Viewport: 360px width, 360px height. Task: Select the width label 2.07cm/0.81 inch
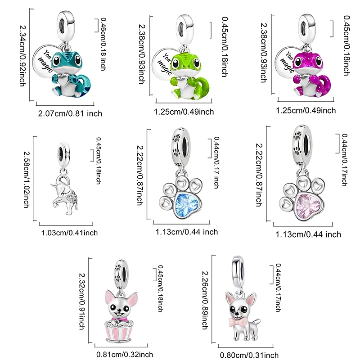coord(70,114)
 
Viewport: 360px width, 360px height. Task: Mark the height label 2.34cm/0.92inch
coord(22,55)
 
